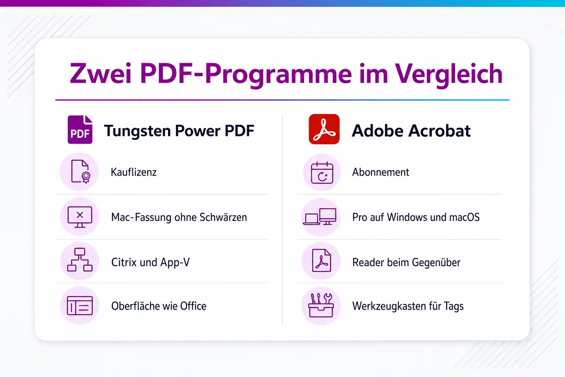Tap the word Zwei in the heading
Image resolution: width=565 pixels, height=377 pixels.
click(101, 74)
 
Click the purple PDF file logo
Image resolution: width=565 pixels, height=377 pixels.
click(80, 130)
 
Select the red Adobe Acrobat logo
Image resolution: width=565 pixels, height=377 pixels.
click(324, 129)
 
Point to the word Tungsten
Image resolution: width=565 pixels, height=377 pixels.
click(138, 131)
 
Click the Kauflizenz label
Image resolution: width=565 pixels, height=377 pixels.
click(134, 172)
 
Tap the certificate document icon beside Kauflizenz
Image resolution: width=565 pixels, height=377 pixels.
click(81, 172)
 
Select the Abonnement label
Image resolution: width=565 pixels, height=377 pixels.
click(381, 172)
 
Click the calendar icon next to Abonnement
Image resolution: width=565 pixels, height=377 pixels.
click(322, 172)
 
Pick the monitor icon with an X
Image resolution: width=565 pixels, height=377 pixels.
click(80, 217)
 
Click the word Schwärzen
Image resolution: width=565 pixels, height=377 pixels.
click(223, 217)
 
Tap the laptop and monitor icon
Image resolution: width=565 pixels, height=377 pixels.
click(320, 216)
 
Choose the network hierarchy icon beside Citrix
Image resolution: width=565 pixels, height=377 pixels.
click(80, 260)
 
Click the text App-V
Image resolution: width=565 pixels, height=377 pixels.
click(175, 263)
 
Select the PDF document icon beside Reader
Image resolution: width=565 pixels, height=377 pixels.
click(321, 261)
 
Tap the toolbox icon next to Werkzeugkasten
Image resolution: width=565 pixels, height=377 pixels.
click(321, 305)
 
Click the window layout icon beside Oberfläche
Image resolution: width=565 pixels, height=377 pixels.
click(80, 306)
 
